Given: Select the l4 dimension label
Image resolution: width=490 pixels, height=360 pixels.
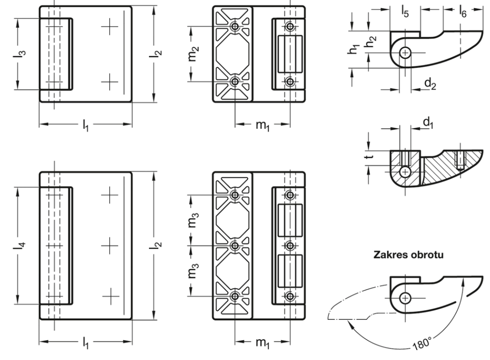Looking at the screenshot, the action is click(x=19, y=245).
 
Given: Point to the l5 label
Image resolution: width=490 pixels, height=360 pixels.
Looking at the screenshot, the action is click(x=405, y=12).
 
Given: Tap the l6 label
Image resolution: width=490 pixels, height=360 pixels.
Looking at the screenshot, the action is click(x=462, y=12).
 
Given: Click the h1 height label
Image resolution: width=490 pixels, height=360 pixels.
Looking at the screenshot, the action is click(x=354, y=49).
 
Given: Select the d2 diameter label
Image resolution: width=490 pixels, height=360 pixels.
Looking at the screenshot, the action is click(x=430, y=83).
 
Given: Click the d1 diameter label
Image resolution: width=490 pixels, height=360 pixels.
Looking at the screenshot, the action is click(x=428, y=123).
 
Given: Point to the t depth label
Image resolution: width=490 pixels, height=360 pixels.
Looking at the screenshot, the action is click(x=370, y=155).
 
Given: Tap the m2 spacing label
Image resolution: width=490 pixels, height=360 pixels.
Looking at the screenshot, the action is click(x=194, y=53).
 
